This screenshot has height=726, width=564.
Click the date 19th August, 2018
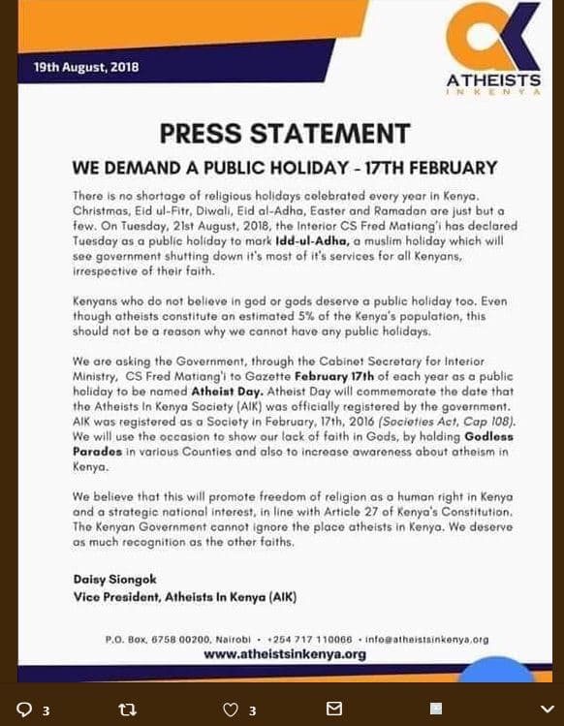pos(86,67)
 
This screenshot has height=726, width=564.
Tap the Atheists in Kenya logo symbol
pos(494,38)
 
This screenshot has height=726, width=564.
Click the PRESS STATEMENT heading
pos(284,134)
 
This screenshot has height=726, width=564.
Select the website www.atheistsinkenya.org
pos(284,654)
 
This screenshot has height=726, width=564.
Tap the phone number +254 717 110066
pos(308,640)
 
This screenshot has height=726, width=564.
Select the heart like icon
pos(231,709)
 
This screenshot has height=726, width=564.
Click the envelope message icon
pos(334,709)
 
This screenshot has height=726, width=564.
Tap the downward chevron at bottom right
pos(547,709)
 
